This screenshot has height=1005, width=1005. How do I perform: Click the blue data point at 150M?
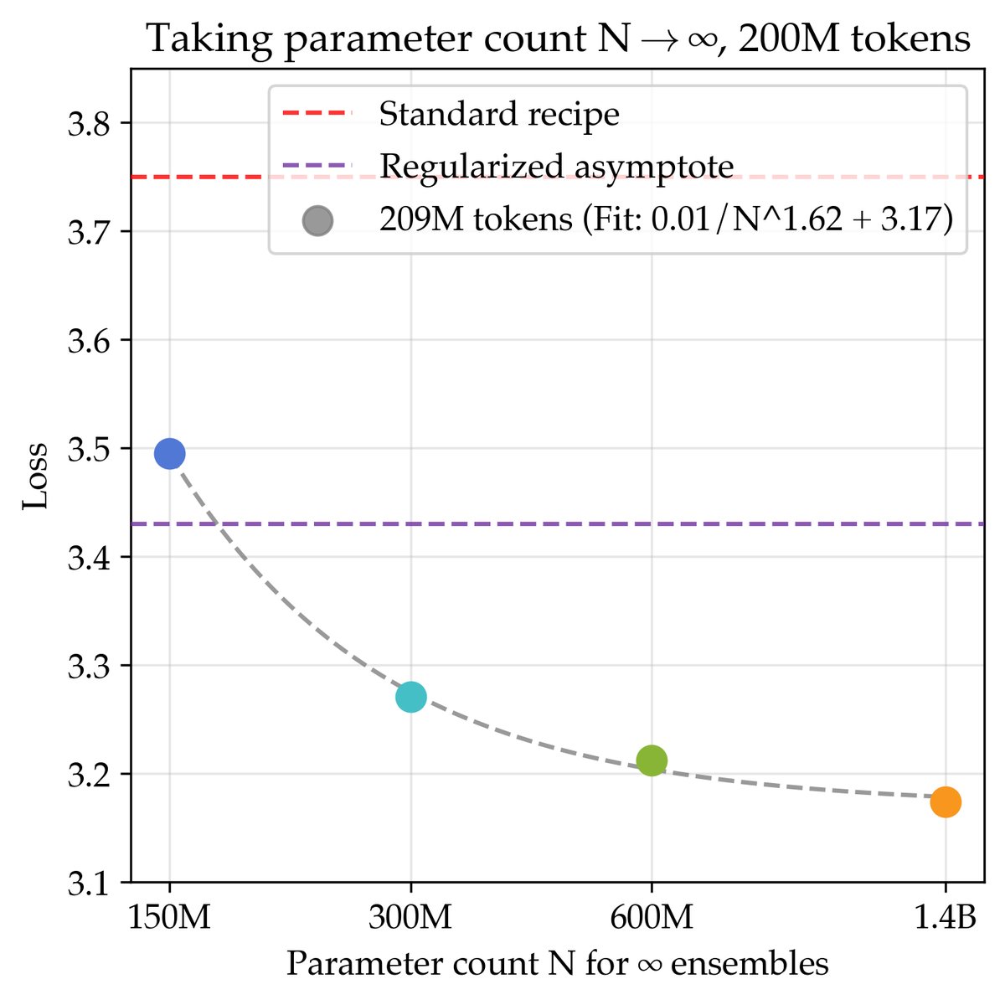[169, 454]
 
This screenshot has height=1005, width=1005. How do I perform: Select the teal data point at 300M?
[410, 697]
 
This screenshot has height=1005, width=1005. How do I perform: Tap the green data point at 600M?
[652, 760]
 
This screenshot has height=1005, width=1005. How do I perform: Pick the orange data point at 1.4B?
[945, 801]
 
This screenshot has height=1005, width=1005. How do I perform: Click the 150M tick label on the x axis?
[169, 919]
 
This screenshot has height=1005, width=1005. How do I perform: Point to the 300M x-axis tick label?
[410, 919]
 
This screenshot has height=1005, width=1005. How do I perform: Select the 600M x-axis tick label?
[652, 919]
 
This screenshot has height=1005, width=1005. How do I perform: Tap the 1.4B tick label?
[945, 919]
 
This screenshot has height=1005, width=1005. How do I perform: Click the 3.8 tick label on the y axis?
[88, 124]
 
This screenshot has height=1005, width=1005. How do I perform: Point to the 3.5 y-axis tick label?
[88, 450]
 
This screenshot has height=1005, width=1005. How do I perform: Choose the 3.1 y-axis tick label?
[88, 884]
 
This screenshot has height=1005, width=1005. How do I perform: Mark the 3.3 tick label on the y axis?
[88, 667]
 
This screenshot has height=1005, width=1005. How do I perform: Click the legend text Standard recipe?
[499, 115]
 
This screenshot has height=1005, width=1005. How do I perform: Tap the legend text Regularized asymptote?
[556, 167]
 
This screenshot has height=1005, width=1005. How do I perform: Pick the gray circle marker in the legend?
[317, 220]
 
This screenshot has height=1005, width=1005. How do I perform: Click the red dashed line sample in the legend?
[317, 114]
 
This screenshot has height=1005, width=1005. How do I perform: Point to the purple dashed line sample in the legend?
[317, 166]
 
